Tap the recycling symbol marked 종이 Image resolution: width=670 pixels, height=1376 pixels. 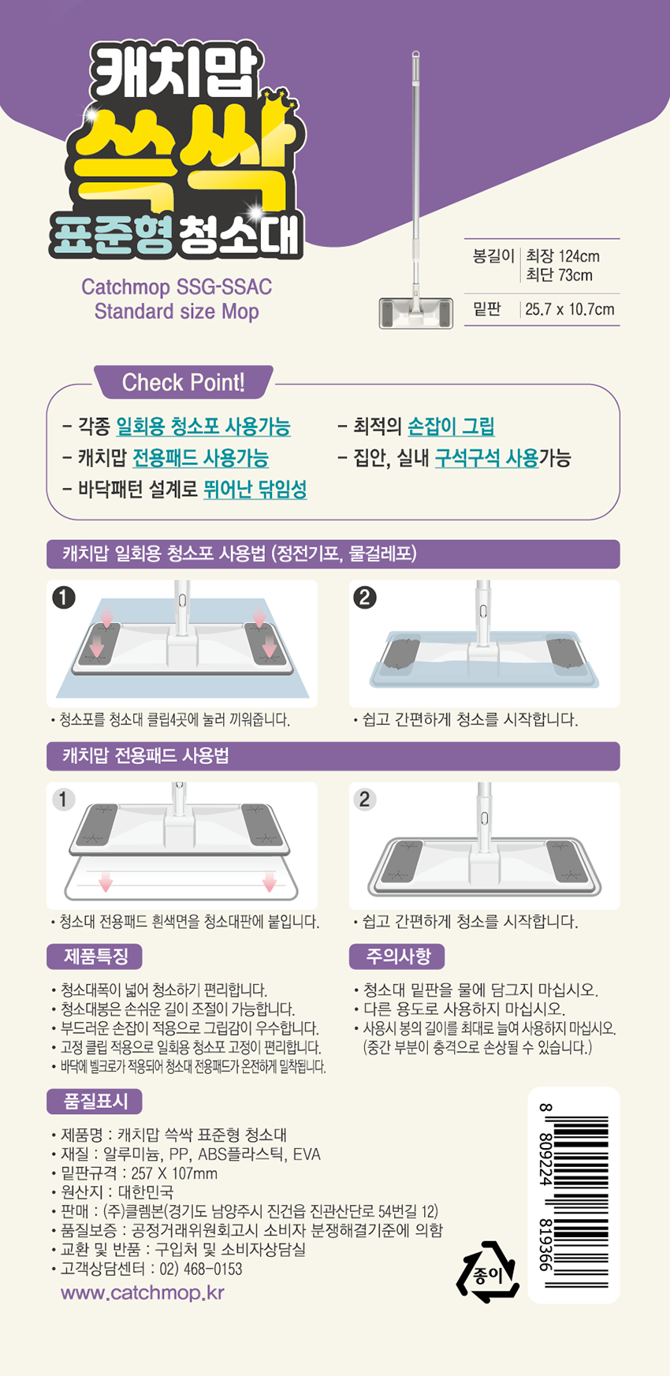point(489,1272)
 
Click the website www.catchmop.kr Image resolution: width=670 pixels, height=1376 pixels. point(143,1292)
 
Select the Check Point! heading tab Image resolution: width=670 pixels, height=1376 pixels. point(184,382)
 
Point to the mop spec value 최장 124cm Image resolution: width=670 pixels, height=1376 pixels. point(563,256)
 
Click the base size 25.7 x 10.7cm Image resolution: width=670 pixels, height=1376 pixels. point(570,309)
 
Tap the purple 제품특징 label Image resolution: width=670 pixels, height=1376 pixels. point(95,956)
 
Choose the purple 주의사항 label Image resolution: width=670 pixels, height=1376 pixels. point(398,956)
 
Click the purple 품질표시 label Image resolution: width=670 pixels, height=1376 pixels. point(95,1102)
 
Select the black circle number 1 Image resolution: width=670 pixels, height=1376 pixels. point(63,597)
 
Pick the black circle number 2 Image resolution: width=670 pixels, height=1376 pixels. point(364,597)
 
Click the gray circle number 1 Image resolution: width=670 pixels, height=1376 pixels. point(63,799)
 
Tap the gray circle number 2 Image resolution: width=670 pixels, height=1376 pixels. point(364,799)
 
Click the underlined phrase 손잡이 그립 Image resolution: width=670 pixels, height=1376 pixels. point(451,427)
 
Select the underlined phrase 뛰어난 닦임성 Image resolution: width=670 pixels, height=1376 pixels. point(255,489)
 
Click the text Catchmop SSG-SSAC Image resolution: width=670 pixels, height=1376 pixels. point(177,286)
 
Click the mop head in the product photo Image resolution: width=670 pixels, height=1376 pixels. point(416,313)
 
